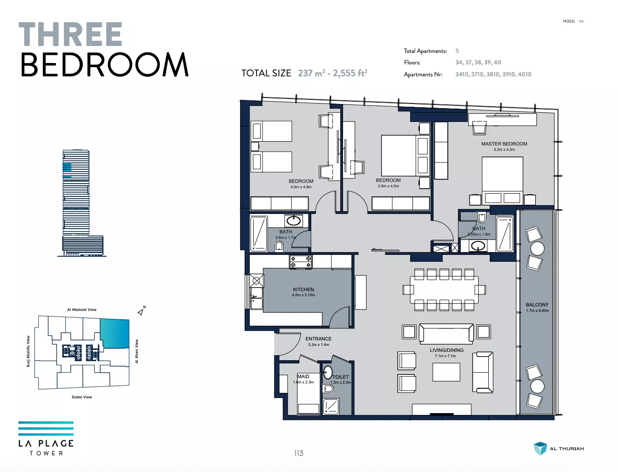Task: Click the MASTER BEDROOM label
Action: (x=504, y=144)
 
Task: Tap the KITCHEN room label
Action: (x=303, y=289)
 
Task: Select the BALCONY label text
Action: (x=537, y=305)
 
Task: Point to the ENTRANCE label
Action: (x=319, y=339)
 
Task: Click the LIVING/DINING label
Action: (x=446, y=350)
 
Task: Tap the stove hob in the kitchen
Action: (x=301, y=262)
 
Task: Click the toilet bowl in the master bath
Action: (x=482, y=217)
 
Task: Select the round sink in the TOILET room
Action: (x=327, y=372)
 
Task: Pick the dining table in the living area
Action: (x=444, y=289)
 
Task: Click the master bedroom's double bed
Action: (x=502, y=180)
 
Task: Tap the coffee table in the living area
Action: (x=446, y=372)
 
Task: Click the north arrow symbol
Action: (x=141, y=311)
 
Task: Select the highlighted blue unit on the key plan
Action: (x=115, y=334)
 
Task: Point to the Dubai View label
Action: (x=82, y=397)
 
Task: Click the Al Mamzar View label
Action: (x=82, y=310)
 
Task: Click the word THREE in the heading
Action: (x=70, y=34)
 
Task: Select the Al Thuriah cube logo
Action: (x=540, y=449)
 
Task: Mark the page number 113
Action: (x=298, y=453)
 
